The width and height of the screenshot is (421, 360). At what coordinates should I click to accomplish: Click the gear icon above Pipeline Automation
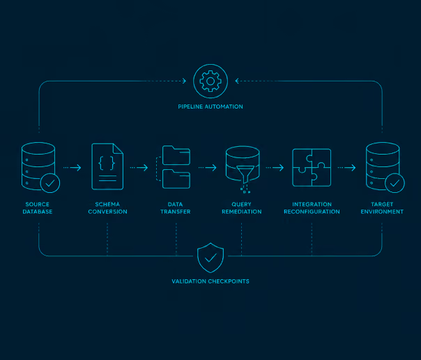tap(210, 81)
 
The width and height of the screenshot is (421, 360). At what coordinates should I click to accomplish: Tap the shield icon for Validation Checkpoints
tap(210, 258)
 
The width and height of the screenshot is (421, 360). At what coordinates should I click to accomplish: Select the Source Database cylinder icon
tap(38, 166)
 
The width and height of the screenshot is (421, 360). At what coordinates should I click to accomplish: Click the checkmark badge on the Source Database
tap(50, 183)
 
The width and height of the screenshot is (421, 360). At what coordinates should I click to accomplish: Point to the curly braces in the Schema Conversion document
tap(107, 163)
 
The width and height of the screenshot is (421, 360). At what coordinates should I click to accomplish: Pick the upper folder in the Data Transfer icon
tap(176, 155)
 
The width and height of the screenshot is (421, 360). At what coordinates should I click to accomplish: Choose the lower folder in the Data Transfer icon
tap(176, 179)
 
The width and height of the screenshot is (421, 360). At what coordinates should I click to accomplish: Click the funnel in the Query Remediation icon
tap(245, 174)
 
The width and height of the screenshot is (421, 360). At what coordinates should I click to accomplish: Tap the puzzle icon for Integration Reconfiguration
tap(312, 167)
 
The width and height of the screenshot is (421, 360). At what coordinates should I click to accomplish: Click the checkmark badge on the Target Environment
tap(395, 183)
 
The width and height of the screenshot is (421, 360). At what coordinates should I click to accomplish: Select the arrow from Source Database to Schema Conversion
tap(72, 168)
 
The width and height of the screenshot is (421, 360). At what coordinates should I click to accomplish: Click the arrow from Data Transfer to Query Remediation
tap(208, 168)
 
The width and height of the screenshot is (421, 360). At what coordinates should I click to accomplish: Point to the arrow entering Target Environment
tap(346, 168)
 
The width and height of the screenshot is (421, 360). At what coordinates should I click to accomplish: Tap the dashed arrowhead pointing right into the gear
tap(185, 81)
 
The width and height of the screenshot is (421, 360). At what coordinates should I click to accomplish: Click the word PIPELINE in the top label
tap(190, 107)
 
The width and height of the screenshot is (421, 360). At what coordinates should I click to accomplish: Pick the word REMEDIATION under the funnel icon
tap(242, 212)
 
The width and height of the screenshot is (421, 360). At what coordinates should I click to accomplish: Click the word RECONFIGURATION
tap(312, 212)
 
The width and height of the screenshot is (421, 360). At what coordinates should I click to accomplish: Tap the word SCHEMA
tap(107, 204)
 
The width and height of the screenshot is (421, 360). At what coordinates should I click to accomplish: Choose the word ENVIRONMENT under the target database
tap(382, 212)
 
